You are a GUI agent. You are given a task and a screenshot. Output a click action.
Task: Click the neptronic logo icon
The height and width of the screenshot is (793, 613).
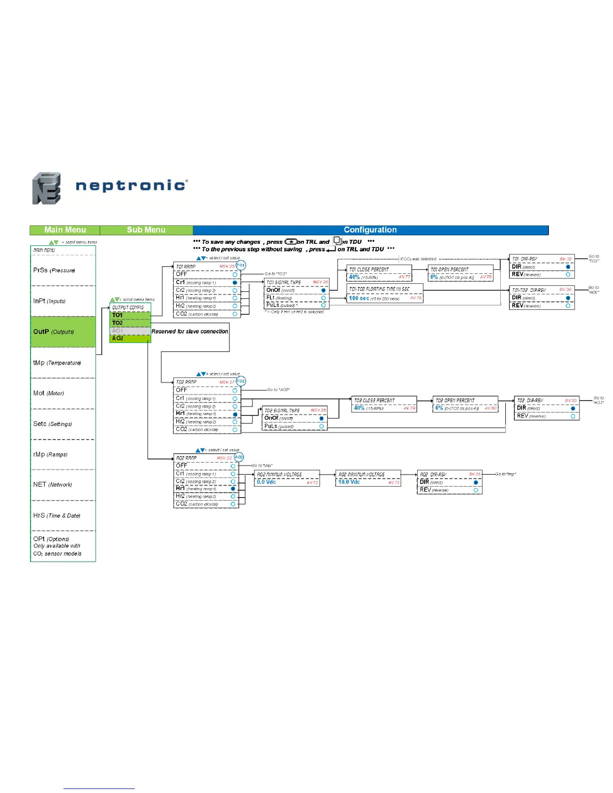[47, 188]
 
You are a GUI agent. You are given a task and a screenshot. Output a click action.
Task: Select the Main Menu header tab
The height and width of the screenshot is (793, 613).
[65, 230]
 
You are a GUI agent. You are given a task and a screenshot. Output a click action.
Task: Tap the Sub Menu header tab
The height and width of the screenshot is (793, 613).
[146, 230]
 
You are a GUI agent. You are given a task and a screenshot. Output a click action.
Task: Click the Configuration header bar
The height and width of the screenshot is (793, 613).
[370, 230]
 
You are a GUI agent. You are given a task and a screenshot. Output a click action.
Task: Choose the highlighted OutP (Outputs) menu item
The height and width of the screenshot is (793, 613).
[54, 331]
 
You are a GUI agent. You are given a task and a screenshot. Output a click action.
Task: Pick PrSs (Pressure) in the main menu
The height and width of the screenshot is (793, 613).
[54, 270]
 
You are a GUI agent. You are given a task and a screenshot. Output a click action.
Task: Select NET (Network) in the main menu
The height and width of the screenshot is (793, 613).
[53, 485]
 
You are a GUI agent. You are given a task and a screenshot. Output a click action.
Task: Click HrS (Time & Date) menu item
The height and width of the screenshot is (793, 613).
[57, 515]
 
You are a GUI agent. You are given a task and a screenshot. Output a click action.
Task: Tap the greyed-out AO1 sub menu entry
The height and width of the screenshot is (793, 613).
[118, 331]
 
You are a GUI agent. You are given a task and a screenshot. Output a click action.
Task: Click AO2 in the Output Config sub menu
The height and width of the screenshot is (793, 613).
[118, 338]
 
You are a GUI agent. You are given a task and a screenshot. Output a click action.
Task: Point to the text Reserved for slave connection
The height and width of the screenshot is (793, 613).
[190, 331]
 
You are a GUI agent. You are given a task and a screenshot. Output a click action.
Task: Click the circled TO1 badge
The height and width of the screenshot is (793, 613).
[241, 265]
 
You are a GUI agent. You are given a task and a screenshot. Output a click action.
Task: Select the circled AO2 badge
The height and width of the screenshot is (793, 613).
[239, 457]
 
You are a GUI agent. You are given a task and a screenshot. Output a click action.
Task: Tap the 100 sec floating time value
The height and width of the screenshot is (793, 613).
[359, 298]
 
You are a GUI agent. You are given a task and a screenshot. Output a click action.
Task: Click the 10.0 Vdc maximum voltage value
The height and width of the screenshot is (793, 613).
[349, 482]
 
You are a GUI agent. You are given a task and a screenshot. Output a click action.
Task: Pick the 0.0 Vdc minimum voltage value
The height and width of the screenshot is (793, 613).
[266, 482]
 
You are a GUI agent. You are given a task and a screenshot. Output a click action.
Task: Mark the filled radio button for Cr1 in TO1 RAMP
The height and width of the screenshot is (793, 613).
[235, 283]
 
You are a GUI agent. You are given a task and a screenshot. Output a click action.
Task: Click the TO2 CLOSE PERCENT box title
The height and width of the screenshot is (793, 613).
[374, 401]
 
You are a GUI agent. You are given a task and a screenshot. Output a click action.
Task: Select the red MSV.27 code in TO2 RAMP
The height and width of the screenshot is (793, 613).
[227, 382]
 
